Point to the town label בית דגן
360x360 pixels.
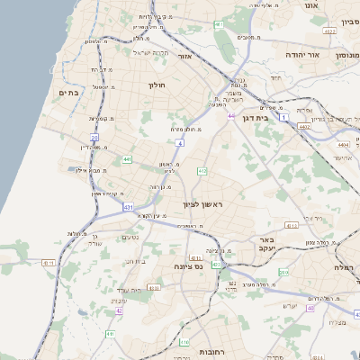256,119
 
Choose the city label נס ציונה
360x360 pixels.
186,267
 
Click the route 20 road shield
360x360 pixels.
94,138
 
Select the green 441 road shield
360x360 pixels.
128,159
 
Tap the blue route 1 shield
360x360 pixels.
284,118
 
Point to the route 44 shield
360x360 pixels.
231,116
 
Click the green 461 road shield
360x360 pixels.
219,23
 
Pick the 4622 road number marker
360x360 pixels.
329,31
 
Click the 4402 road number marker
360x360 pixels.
304,127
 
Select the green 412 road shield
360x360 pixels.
202,171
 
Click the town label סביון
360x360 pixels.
349,21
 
